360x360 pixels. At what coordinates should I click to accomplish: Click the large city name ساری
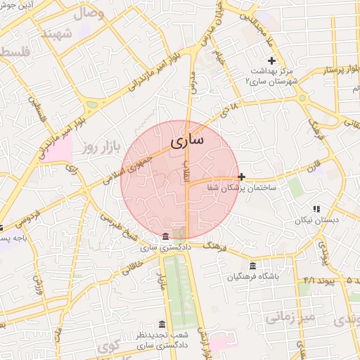pyautogui.click(x=186, y=141)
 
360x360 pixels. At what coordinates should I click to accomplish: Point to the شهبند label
pyautogui.click(x=56, y=32)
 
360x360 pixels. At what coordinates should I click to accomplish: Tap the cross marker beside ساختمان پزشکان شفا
pyautogui.click(x=241, y=176)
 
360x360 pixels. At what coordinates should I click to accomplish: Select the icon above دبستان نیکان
pyautogui.click(x=316, y=208)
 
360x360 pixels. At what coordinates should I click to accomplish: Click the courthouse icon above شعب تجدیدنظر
pyautogui.click(x=162, y=324)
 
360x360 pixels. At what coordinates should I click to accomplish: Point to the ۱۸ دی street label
pyautogui.click(x=229, y=108)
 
